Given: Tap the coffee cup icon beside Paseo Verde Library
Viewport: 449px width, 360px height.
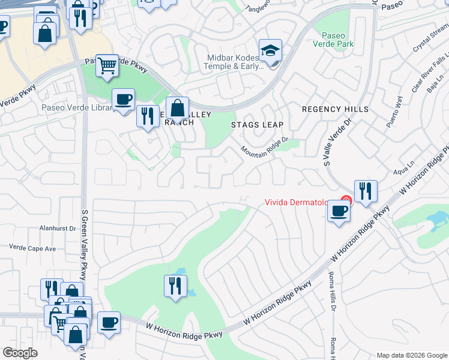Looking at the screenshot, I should click(x=124, y=99).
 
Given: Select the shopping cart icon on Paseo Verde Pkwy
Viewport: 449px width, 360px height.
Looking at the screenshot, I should click(x=107, y=65).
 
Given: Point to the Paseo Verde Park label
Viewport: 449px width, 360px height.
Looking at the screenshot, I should click(x=337, y=40).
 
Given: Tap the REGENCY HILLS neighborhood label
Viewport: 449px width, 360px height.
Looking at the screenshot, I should click(x=335, y=109).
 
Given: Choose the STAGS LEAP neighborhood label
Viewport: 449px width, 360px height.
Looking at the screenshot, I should click(x=257, y=125).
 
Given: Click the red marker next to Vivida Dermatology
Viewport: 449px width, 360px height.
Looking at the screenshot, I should click(x=345, y=200).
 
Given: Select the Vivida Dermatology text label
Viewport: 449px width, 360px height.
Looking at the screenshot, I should click(x=297, y=203).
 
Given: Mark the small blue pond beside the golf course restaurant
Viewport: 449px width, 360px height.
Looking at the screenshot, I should click(x=191, y=292).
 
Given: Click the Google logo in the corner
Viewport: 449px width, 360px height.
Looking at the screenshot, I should click(x=20, y=353).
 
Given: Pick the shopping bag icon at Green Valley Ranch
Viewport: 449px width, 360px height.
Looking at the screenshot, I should click(x=177, y=109).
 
